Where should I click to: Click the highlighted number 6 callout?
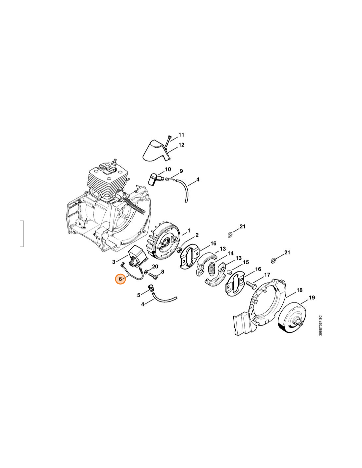click(x=120, y=279)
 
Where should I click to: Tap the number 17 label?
click(x=267, y=275)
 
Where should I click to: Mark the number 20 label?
click(x=155, y=267)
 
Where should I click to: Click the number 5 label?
click(x=139, y=295)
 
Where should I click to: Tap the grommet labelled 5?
click(x=151, y=288)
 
